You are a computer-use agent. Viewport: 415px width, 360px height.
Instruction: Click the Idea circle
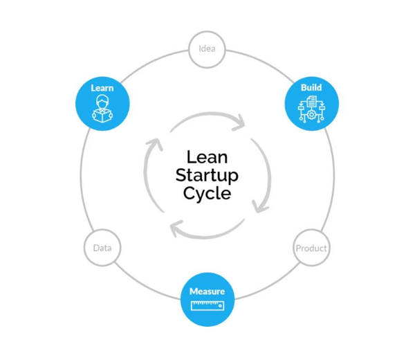tap(207, 49)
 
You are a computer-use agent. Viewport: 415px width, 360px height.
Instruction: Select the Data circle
tap(102, 248)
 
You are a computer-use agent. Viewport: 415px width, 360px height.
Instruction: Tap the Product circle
tap(311, 248)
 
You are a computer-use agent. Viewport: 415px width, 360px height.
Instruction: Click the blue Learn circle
tap(102, 102)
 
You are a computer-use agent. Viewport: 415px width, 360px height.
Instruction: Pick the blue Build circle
tap(311, 102)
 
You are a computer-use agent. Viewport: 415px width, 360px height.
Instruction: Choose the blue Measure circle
tap(207, 299)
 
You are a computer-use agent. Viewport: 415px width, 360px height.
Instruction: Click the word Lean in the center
tap(207, 157)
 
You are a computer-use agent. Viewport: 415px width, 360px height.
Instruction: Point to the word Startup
tap(207, 175)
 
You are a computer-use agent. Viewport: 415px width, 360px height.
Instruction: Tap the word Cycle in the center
tap(207, 193)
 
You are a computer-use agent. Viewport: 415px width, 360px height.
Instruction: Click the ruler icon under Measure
tap(207, 305)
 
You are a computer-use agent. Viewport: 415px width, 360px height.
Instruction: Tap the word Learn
tap(102, 88)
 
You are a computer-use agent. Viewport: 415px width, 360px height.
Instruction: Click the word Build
tap(311, 88)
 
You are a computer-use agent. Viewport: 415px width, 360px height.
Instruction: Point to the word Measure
tap(207, 291)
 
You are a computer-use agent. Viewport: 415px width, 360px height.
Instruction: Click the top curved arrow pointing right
tap(207, 117)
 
